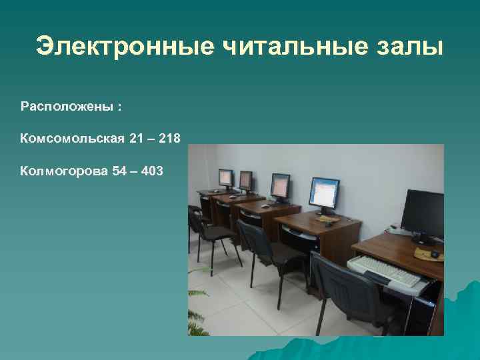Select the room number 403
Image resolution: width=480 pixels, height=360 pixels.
151,171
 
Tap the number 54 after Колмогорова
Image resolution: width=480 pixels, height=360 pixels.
119,171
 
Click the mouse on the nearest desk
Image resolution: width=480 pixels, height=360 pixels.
435,254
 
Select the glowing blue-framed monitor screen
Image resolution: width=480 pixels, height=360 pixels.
324,193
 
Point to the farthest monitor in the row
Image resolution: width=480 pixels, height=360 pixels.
225,178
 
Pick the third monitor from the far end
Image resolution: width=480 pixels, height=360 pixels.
280,185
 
